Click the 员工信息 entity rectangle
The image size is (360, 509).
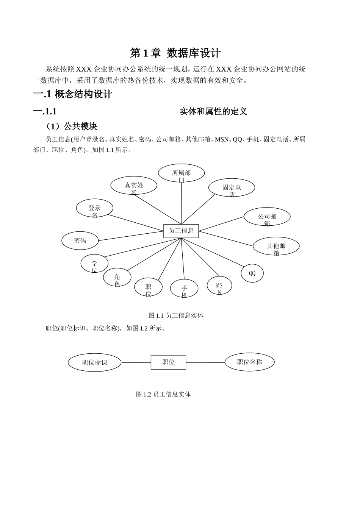pyautogui.click(x=181, y=231)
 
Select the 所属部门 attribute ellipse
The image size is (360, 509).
pyautogui.click(x=181, y=173)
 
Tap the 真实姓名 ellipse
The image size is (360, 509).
pyautogui.click(x=134, y=186)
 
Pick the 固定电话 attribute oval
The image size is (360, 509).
pyautogui.click(x=232, y=188)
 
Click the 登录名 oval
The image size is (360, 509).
pyautogui.click(x=94, y=209)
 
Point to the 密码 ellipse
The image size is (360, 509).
pyautogui.click(x=80, y=240)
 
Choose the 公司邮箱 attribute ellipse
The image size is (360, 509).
pyautogui.click(x=267, y=217)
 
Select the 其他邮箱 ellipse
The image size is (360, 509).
pyautogui.click(x=276, y=246)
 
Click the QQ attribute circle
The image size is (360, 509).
pyautogui.click(x=252, y=273)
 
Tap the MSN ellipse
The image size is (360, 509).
pyautogui.click(x=219, y=286)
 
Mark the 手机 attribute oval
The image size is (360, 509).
pyautogui.click(x=184, y=289)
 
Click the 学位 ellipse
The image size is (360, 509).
pyautogui.click(x=94, y=264)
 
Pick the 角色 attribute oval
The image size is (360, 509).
pyautogui.click(x=117, y=278)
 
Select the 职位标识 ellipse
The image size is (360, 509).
pyautogui.click(x=94, y=362)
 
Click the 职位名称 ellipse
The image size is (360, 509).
pyautogui.click(x=249, y=362)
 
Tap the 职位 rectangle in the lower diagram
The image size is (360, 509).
pyautogui.click(x=168, y=362)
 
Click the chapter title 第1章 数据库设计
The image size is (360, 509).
pyautogui.click(x=175, y=53)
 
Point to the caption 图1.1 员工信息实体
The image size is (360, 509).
pyautogui.click(x=176, y=315)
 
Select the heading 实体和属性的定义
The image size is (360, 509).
pyautogui.click(x=213, y=111)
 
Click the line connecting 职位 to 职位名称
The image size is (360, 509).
pyautogui.click(x=205, y=362)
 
